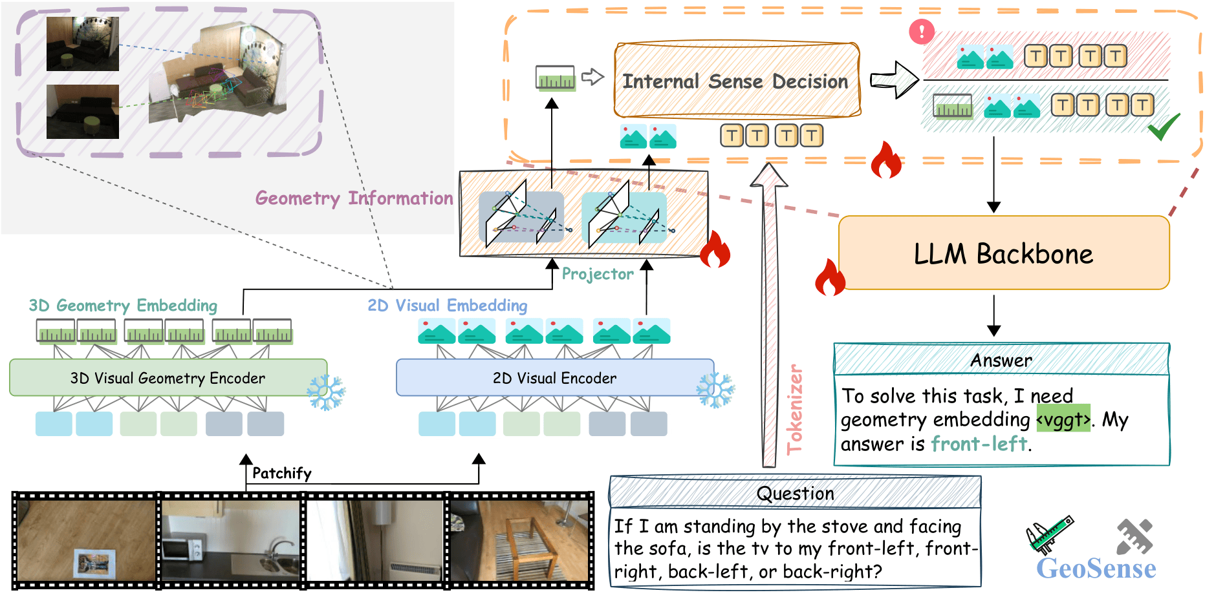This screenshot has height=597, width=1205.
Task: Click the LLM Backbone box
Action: (x=1003, y=253)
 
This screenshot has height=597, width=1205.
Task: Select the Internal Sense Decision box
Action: (x=736, y=81)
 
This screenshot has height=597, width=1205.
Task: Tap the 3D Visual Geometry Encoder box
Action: (x=168, y=378)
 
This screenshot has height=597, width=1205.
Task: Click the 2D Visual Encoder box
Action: (x=554, y=378)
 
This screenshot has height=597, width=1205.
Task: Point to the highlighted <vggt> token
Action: (x=1063, y=420)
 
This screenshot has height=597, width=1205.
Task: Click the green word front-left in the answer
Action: (x=979, y=444)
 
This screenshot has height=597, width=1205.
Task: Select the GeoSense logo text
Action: (x=1096, y=569)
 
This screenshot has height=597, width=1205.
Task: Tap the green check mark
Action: (x=1164, y=127)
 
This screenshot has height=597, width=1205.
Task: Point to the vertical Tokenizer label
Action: (x=795, y=410)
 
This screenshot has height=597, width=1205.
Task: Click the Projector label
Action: (x=597, y=274)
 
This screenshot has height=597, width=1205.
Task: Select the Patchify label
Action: (x=281, y=474)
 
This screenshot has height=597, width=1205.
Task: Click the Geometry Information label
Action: (x=354, y=198)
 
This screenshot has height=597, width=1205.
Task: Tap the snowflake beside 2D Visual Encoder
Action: (x=715, y=390)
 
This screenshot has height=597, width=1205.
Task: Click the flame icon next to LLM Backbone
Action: (x=830, y=277)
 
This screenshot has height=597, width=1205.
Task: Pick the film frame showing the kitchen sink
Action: (x=231, y=540)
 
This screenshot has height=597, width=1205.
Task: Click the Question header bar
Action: (x=795, y=494)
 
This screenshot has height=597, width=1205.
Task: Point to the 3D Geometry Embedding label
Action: (x=123, y=306)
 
